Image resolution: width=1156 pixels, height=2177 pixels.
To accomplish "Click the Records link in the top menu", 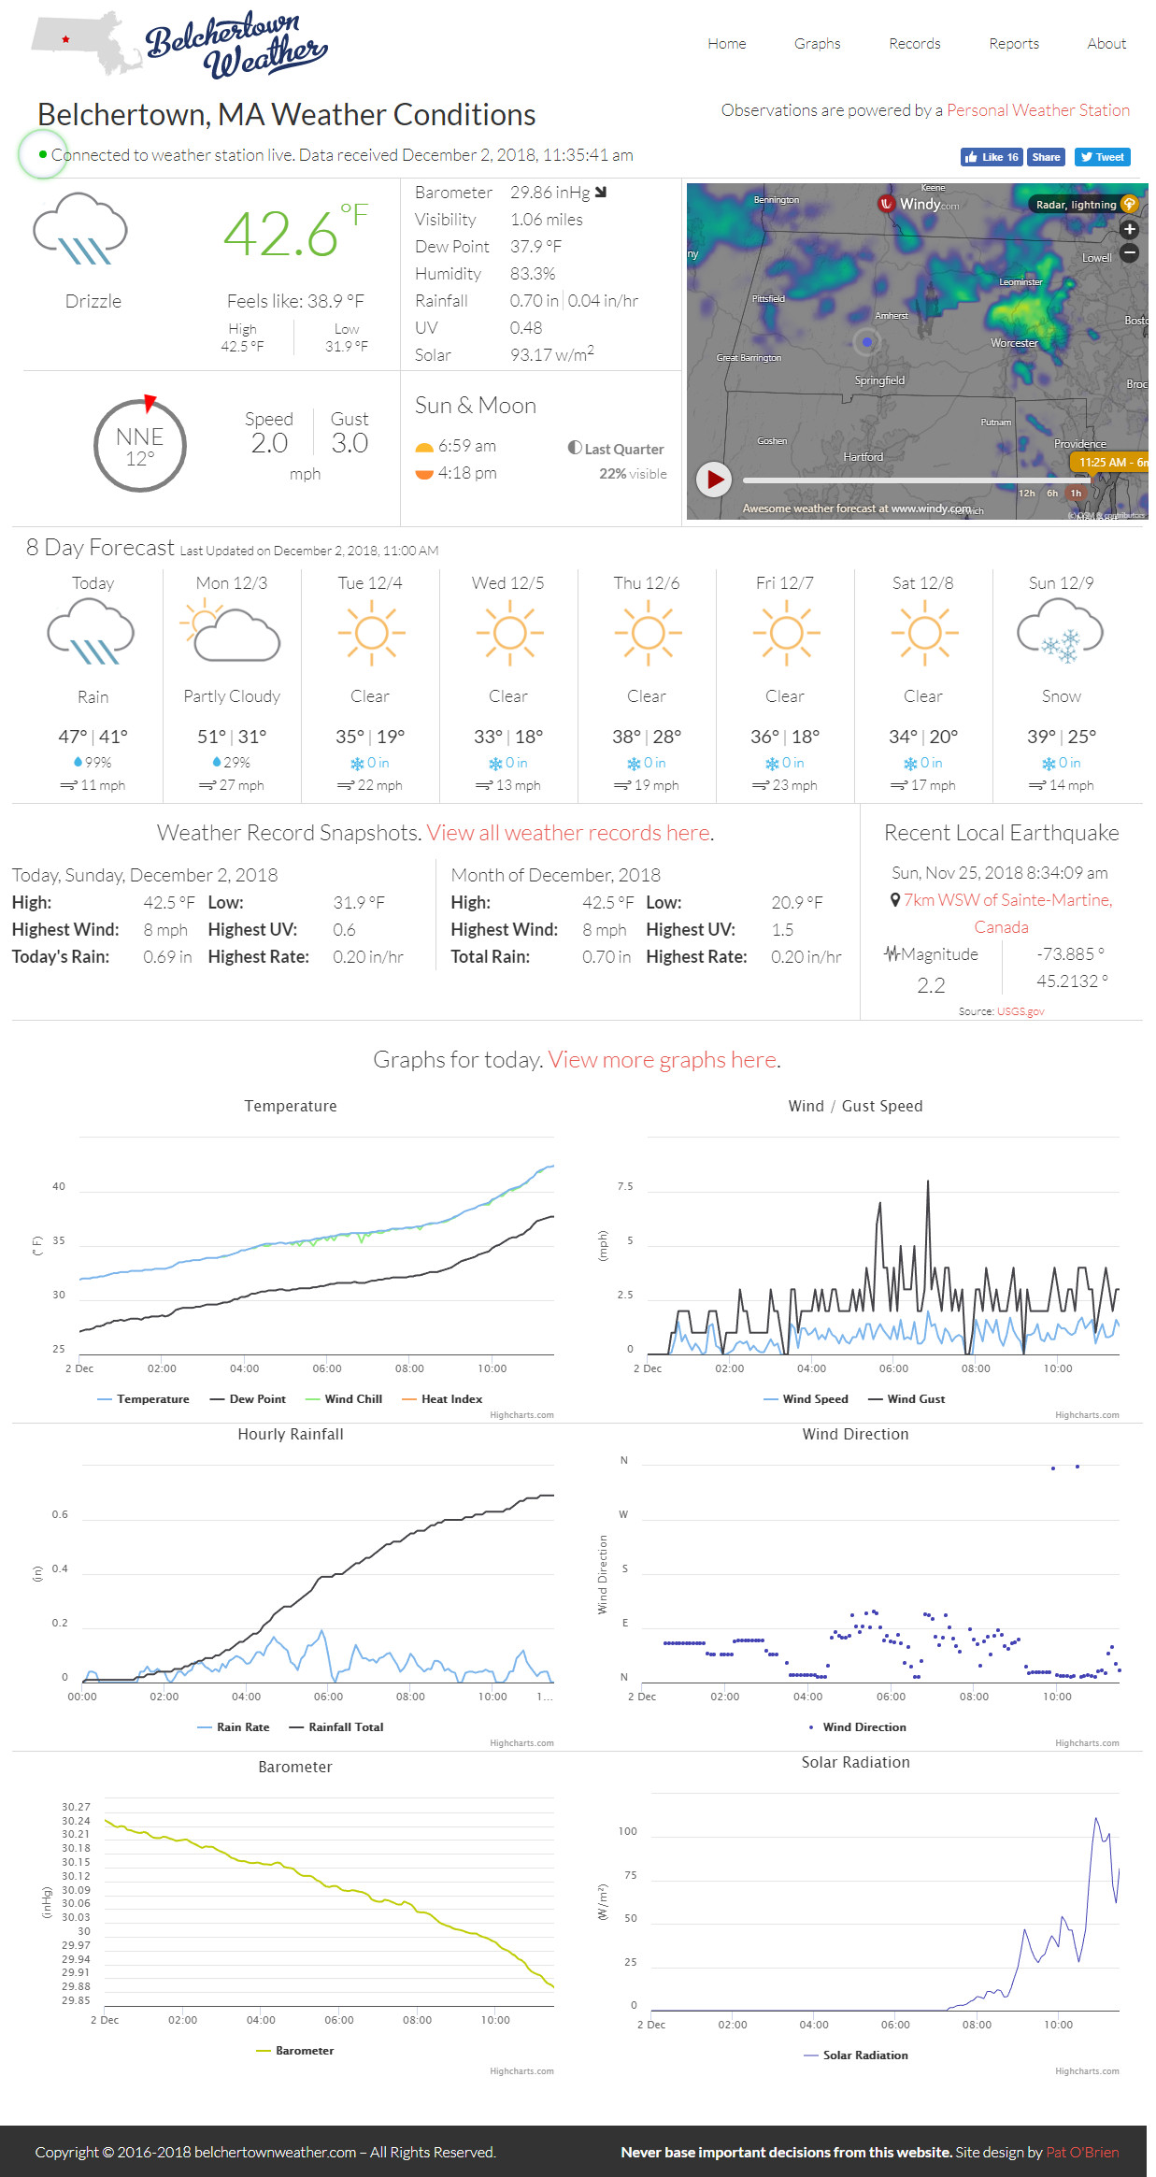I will [914, 44].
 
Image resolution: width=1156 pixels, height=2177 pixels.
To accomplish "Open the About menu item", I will [1106, 44].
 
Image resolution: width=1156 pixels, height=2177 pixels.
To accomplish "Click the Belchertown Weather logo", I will [234, 45].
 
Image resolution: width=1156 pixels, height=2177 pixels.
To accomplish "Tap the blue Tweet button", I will [1102, 157].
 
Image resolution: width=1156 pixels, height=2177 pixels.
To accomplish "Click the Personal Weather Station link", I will [1037, 110].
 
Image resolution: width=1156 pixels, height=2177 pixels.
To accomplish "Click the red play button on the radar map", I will [715, 480].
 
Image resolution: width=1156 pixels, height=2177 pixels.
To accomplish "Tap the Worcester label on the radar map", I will [1014, 343].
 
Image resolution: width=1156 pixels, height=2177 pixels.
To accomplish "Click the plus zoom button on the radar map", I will [1129, 229].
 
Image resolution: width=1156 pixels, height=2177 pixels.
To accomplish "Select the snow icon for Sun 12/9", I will [1061, 632].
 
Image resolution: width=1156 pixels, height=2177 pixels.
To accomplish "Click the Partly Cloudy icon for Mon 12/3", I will [232, 633].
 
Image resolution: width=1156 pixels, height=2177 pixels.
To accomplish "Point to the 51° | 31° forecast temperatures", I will [232, 737].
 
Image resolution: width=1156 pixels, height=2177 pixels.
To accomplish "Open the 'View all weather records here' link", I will [569, 833].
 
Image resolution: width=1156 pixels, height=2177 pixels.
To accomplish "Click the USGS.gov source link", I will [1020, 1011].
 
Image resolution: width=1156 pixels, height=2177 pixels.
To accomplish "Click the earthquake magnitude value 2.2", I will [931, 985].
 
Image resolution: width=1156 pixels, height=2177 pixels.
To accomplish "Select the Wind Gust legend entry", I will [915, 1399].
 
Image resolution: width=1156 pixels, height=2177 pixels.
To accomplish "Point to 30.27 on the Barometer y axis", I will [77, 1807].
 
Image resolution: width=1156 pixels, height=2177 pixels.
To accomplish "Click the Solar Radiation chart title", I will [855, 1762].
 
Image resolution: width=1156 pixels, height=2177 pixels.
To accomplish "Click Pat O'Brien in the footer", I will [1082, 2152].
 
